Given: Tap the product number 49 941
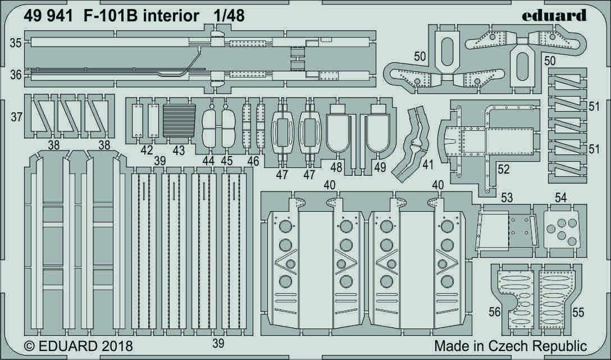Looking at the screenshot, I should [x=48, y=16].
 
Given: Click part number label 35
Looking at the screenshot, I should [x=16, y=43].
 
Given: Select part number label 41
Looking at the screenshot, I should [x=428, y=165].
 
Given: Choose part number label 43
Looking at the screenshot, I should [x=179, y=151].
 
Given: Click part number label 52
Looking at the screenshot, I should [x=504, y=169].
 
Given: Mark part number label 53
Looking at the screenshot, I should [x=507, y=197].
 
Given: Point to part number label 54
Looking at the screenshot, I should [x=560, y=197].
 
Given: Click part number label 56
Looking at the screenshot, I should [x=494, y=311].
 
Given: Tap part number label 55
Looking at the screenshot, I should [x=577, y=311].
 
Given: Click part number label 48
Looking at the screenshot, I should [x=336, y=167].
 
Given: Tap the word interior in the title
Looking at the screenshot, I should [x=171, y=16].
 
